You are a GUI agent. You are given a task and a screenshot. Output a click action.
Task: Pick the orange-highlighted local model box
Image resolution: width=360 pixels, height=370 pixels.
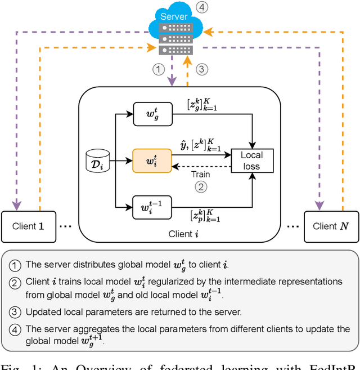pyautogui.click(x=151, y=161)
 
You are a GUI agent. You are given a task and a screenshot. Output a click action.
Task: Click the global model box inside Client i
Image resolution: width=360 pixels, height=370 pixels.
pyautogui.click(x=151, y=114)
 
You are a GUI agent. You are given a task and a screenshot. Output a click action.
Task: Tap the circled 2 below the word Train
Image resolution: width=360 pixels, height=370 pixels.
pyautogui.click(x=201, y=187)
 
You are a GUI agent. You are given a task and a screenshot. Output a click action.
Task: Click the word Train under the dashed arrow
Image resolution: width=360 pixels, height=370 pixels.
pyautogui.click(x=201, y=175)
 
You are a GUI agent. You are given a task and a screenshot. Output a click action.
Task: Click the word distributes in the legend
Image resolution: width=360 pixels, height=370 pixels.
pyautogui.click(x=90, y=264)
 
